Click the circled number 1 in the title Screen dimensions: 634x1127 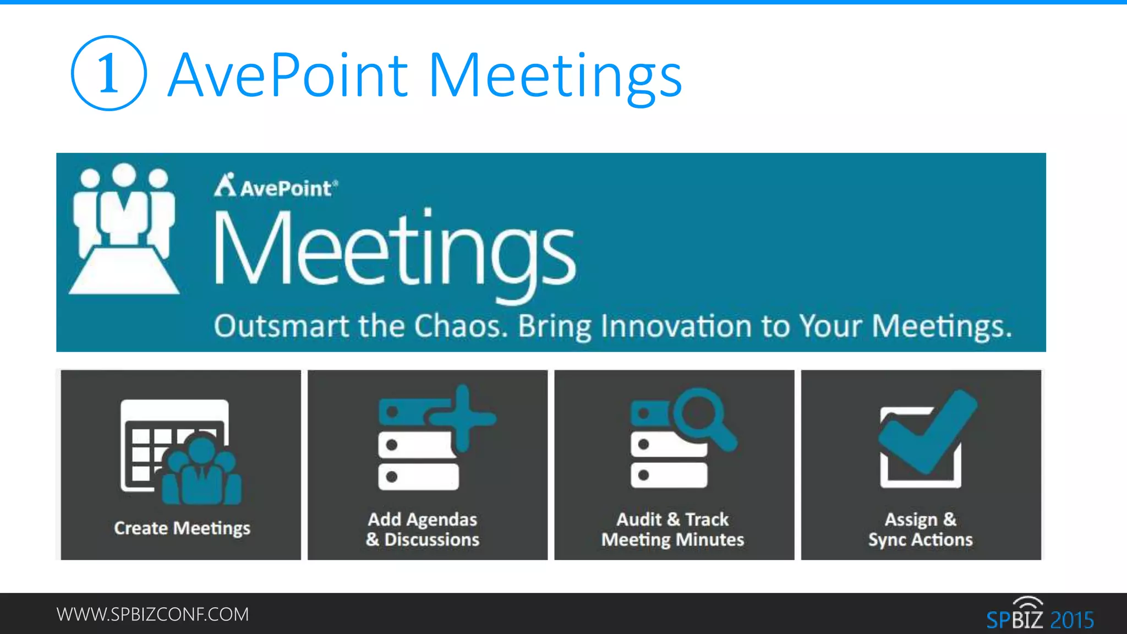click(108, 73)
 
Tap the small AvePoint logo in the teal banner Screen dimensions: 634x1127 click(276, 186)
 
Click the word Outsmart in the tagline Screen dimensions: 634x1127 click(281, 326)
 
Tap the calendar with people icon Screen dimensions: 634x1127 click(180, 451)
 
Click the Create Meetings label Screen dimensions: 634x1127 click(182, 528)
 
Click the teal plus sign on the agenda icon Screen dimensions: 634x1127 click(463, 417)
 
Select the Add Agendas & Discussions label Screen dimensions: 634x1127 click(423, 529)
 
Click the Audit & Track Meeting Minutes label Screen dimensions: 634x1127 click(672, 529)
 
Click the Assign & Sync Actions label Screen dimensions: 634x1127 click(921, 529)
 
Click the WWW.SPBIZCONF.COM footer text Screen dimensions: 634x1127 click(152, 614)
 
